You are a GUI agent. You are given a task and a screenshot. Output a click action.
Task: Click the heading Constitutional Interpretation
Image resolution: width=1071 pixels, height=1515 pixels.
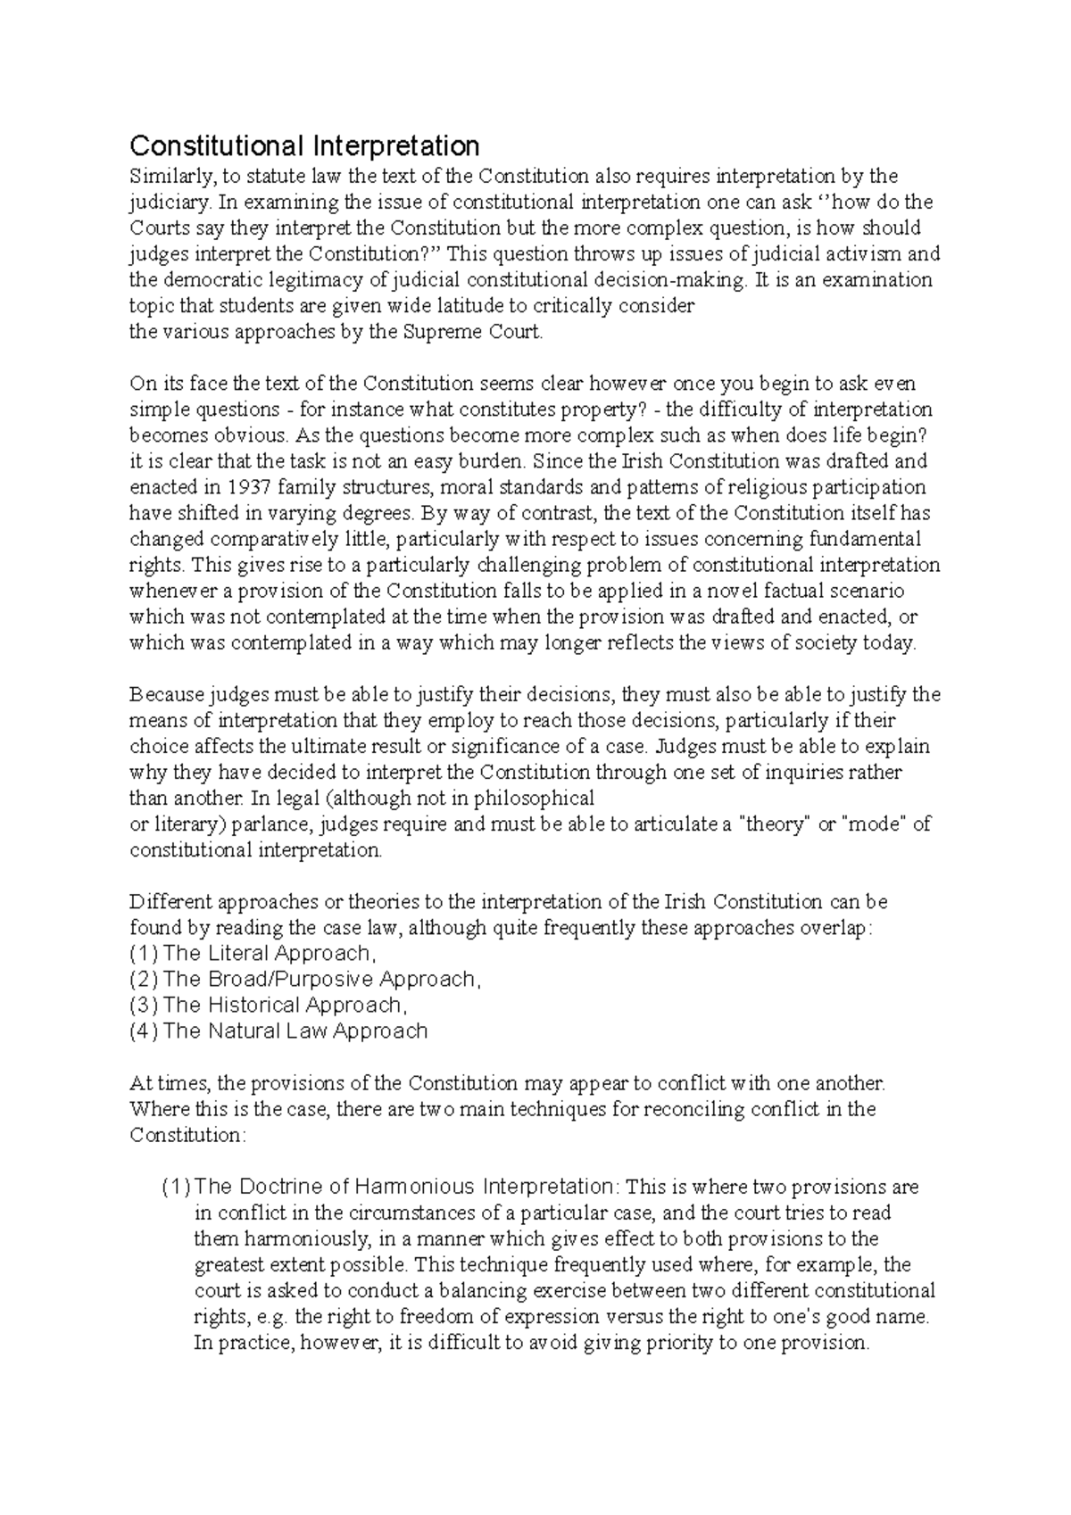(x=304, y=145)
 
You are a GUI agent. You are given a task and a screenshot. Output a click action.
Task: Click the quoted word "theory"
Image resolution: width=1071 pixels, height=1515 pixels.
(x=776, y=824)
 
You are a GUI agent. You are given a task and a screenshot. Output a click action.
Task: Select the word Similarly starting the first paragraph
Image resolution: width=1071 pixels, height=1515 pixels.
(x=167, y=176)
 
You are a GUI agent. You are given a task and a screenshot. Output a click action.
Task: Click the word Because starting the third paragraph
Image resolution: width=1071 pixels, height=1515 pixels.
(x=166, y=694)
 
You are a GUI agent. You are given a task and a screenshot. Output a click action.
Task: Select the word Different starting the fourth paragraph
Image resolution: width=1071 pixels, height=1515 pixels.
(x=167, y=901)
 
